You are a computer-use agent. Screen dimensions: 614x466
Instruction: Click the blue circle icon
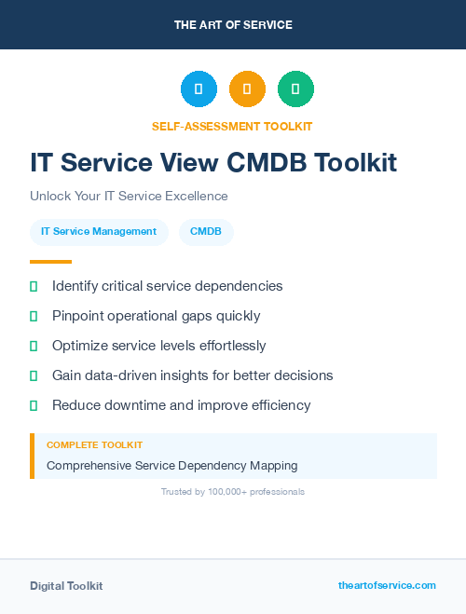coord(199,89)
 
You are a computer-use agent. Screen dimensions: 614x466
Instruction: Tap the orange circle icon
coord(247,89)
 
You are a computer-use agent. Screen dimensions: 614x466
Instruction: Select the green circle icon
coord(295,89)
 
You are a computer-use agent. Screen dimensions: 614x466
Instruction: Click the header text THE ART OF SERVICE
coord(233,25)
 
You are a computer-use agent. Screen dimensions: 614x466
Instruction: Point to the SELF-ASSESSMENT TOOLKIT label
coord(232,126)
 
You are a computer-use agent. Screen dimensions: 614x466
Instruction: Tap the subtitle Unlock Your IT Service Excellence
coord(129,196)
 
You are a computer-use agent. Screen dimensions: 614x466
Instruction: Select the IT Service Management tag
coord(99,232)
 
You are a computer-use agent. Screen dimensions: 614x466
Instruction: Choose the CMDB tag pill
coord(206,232)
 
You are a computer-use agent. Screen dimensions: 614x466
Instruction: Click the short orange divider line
coord(50,262)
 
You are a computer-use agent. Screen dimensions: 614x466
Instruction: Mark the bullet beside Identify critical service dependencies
coord(34,286)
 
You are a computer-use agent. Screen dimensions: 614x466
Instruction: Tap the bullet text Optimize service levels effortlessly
coord(158,346)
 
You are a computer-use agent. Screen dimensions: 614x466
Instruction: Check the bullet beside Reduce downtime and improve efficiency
coord(34,405)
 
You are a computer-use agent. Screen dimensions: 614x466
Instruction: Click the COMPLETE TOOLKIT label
coord(94,445)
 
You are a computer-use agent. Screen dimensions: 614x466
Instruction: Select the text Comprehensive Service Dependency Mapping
coord(172,465)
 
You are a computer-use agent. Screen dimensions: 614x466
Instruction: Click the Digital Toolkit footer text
coord(66,585)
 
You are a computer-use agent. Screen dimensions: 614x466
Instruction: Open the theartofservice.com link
coord(387,585)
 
